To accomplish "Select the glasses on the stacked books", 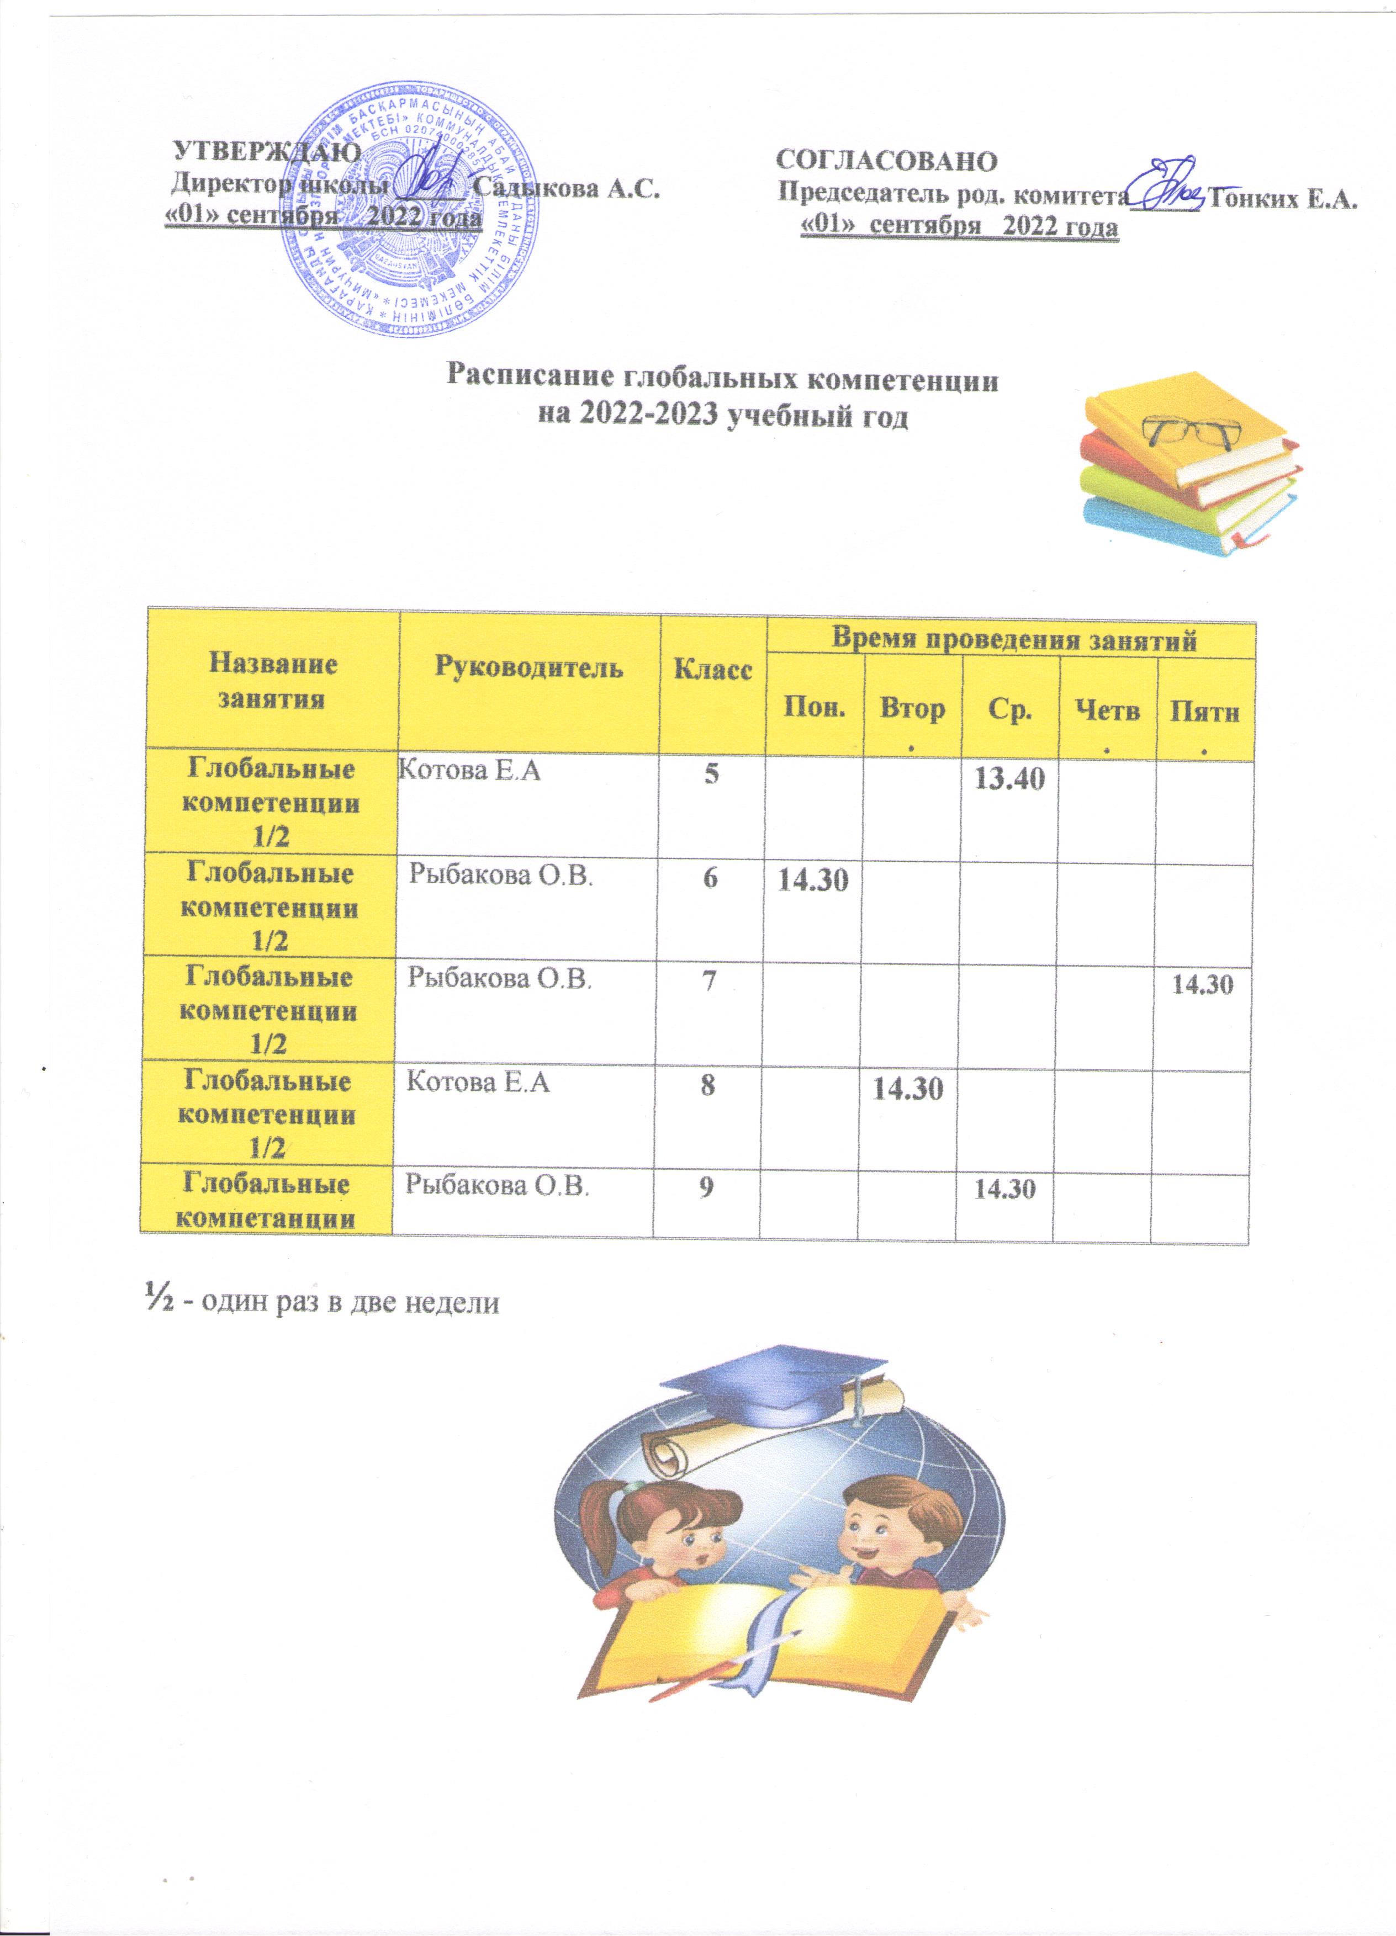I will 1192,432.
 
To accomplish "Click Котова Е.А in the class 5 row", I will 470,773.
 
